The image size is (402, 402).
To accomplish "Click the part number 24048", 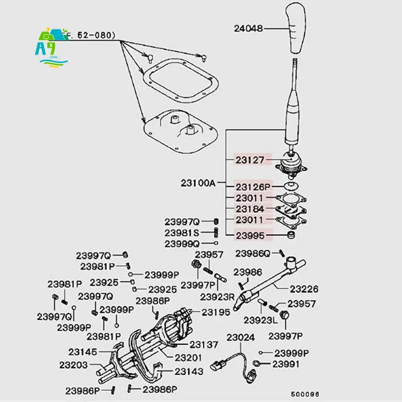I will (x=249, y=29).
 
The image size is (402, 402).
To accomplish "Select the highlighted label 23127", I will (x=250, y=160).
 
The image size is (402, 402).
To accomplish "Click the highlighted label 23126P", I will (x=253, y=187).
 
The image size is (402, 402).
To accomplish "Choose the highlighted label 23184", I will (x=250, y=209).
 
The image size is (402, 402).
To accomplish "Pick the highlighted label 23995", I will (x=250, y=236).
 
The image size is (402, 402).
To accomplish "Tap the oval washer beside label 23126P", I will (x=290, y=186).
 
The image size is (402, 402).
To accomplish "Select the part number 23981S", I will (x=182, y=233).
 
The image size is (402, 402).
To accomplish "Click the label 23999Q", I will (x=182, y=243).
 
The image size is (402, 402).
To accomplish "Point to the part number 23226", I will (x=304, y=289).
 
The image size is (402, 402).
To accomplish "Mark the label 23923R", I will (x=217, y=297).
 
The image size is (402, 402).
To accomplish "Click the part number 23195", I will (x=216, y=312).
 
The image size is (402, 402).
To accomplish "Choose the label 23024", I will (x=241, y=338).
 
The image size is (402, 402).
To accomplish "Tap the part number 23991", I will (x=286, y=364).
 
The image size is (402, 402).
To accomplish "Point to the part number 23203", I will (x=73, y=365).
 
